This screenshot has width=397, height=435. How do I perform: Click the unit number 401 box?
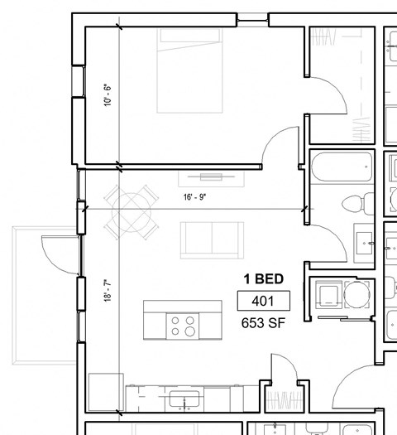coord(262,301)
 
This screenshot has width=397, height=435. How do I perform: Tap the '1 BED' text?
coord(262,279)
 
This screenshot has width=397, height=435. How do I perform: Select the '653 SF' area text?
coord(262,323)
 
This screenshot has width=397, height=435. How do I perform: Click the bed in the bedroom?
coord(191,70)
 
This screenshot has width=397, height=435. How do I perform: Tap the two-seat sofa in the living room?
coord(213,239)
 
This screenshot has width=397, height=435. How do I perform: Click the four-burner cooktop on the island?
coord(184,325)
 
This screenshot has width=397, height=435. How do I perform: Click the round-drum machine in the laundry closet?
coord(359,294)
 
